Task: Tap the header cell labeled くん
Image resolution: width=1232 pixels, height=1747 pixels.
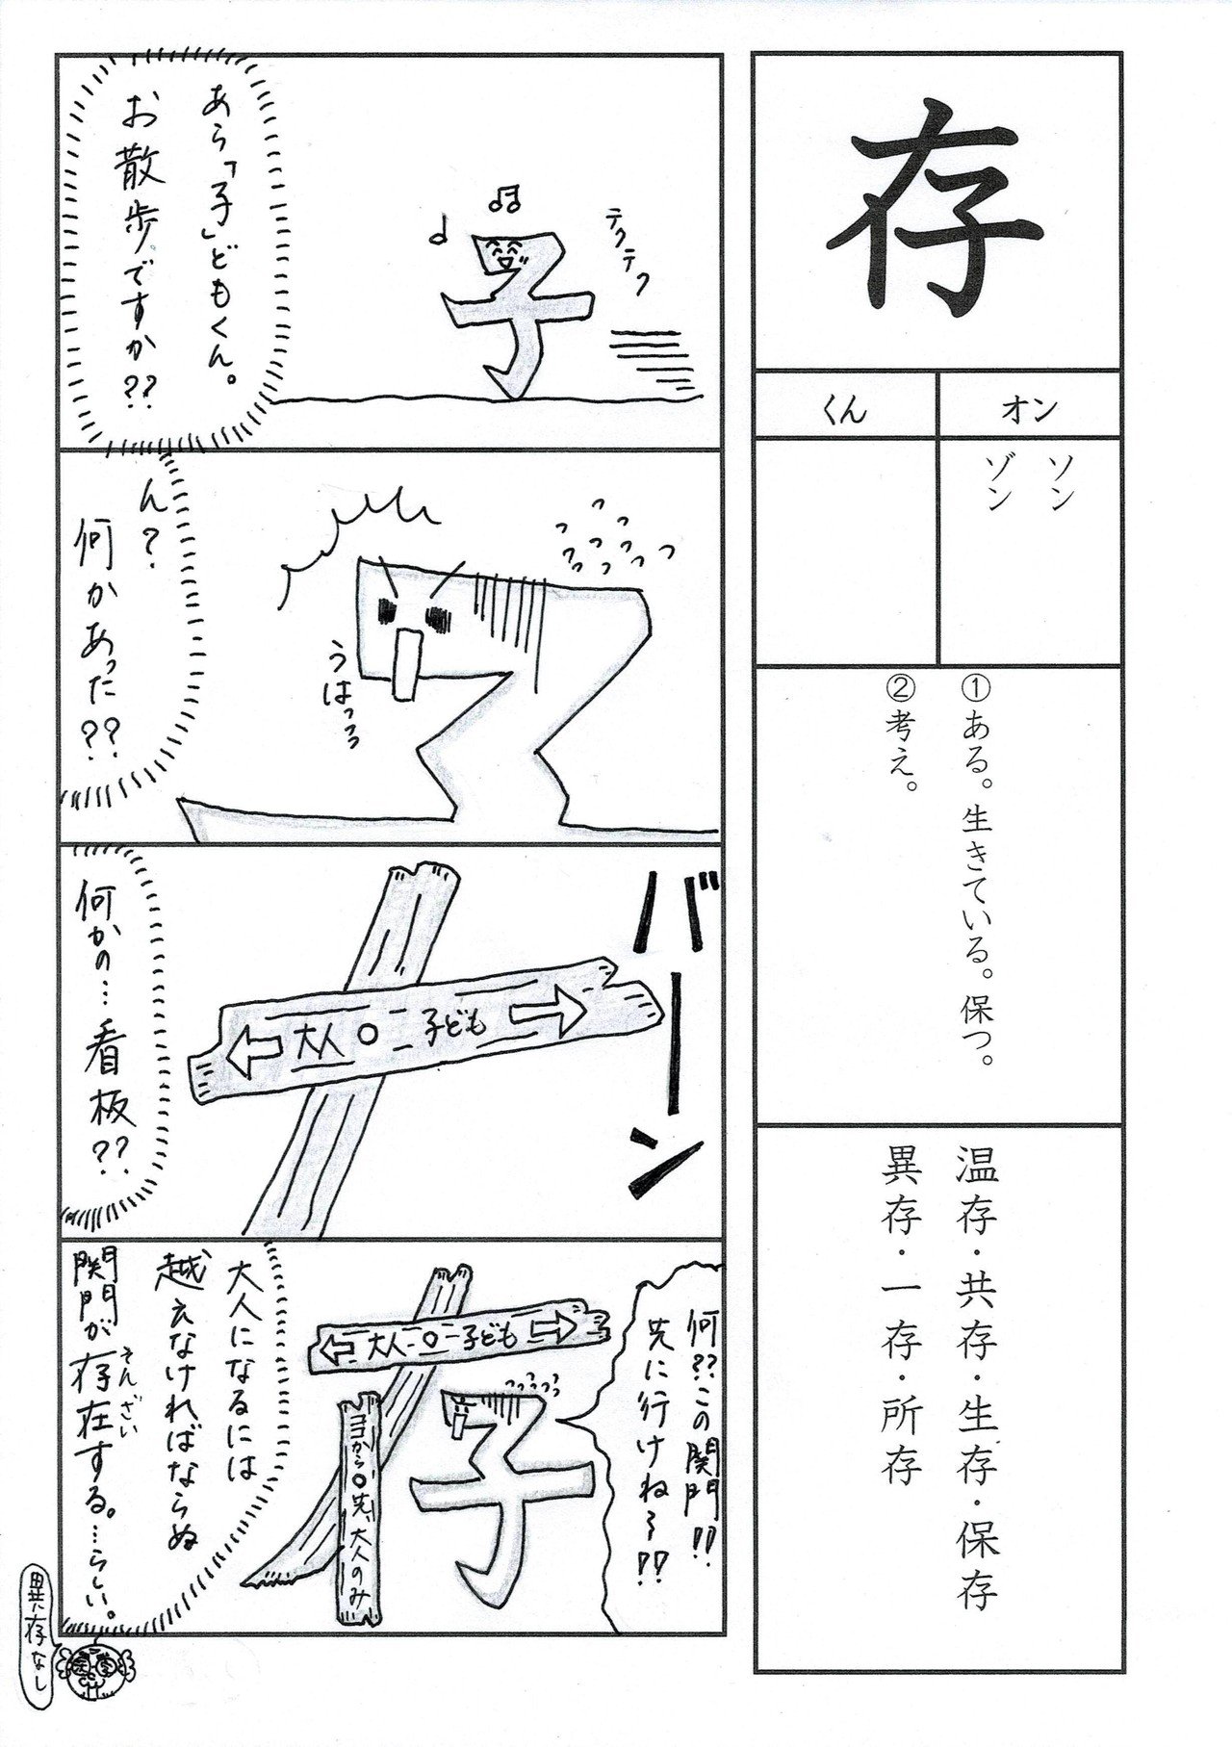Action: [x=844, y=412]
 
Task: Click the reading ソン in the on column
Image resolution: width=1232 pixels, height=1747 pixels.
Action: [x=1063, y=483]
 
